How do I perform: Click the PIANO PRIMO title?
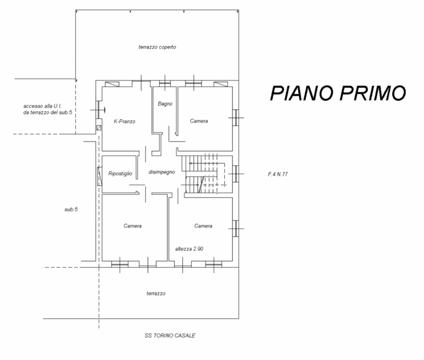pos(338,93)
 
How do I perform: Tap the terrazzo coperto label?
pos(157,47)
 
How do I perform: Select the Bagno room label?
pos(165,104)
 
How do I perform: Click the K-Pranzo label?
pos(125,121)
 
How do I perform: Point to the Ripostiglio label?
pos(120,174)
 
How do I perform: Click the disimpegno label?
pos(162,172)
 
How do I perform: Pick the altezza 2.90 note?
pos(189,249)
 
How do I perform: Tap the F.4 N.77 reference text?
pos(278,174)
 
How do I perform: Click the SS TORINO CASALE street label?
pos(170,336)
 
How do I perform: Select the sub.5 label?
pos(71,209)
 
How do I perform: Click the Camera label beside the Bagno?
pos(199,121)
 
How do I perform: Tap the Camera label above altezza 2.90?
pos(203,226)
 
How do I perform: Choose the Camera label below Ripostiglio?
pos(132,226)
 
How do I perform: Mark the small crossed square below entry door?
pos(99,128)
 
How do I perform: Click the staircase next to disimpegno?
pos(204,174)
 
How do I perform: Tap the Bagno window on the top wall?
pos(165,83)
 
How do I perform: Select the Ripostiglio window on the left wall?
pos(100,176)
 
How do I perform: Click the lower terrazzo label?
pos(156,294)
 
